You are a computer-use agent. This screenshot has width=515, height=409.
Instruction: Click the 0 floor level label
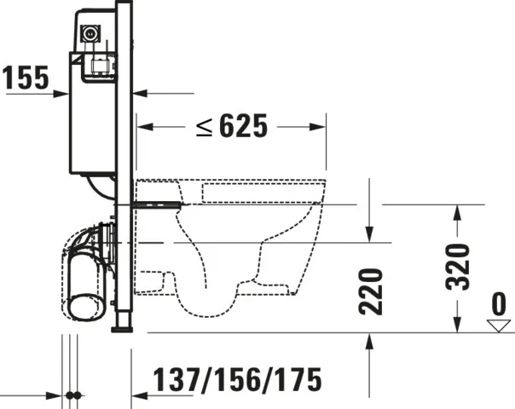[499, 304]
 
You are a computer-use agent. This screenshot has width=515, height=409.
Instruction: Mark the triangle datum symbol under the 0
[499, 325]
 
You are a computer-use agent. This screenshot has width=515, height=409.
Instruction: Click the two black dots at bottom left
[73, 395]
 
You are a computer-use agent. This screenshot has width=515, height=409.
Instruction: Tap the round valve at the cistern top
[89, 34]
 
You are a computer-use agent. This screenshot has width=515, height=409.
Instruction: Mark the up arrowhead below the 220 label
[369, 340]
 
